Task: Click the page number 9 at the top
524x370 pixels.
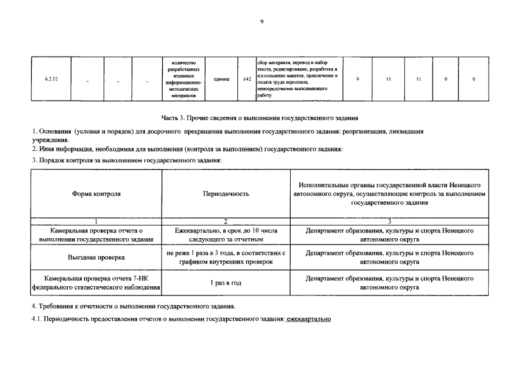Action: click(x=262, y=21)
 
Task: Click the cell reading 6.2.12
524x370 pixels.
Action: click(x=50, y=79)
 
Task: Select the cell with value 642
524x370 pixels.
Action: click(x=247, y=79)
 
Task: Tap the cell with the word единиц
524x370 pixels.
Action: click(x=221, y=79)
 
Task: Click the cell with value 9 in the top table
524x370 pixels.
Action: click(x=358, y=79)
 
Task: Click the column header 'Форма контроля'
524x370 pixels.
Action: click(x=96, y=194)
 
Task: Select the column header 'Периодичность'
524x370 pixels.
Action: click(x=226, y=194)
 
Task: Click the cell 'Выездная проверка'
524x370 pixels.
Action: click(x=96, y=257)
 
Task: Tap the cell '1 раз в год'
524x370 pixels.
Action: click(x=226, y=283)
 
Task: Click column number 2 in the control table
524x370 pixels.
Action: click(x=226, y=221)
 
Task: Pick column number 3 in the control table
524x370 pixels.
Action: click(x=389, y=221)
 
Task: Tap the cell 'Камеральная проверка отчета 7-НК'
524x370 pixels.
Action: click(x=96, y=283)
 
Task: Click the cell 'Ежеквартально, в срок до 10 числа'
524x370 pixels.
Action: click(x=226, y=234)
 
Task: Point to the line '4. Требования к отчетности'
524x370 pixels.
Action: click(x=134, y=306)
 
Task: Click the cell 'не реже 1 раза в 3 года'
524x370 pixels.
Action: click(x=226, y=257)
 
